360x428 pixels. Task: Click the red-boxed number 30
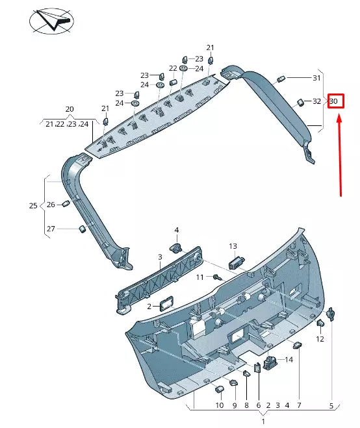tap(334, 101)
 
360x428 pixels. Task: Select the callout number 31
tap(316, 78)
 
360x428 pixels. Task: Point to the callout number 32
tap(316, 101)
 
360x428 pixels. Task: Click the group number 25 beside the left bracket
tap(33, 205)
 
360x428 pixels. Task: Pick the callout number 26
tap(51, 205)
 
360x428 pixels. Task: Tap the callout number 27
tap(51, 229)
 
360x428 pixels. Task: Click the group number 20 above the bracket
tap(70, 109)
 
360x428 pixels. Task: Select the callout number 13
tap(233, 245)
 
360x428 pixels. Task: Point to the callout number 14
tap(289, 359)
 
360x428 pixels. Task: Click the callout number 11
tap(200, 277)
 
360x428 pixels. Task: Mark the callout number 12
tap(320, 339)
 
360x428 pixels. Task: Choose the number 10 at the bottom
tap(220, 406)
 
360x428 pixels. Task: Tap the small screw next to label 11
tap(216, 277)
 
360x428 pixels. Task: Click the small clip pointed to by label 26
tap(66, 205)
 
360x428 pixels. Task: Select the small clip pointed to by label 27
tap(83, 228)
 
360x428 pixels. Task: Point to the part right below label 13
tap(235, 262)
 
